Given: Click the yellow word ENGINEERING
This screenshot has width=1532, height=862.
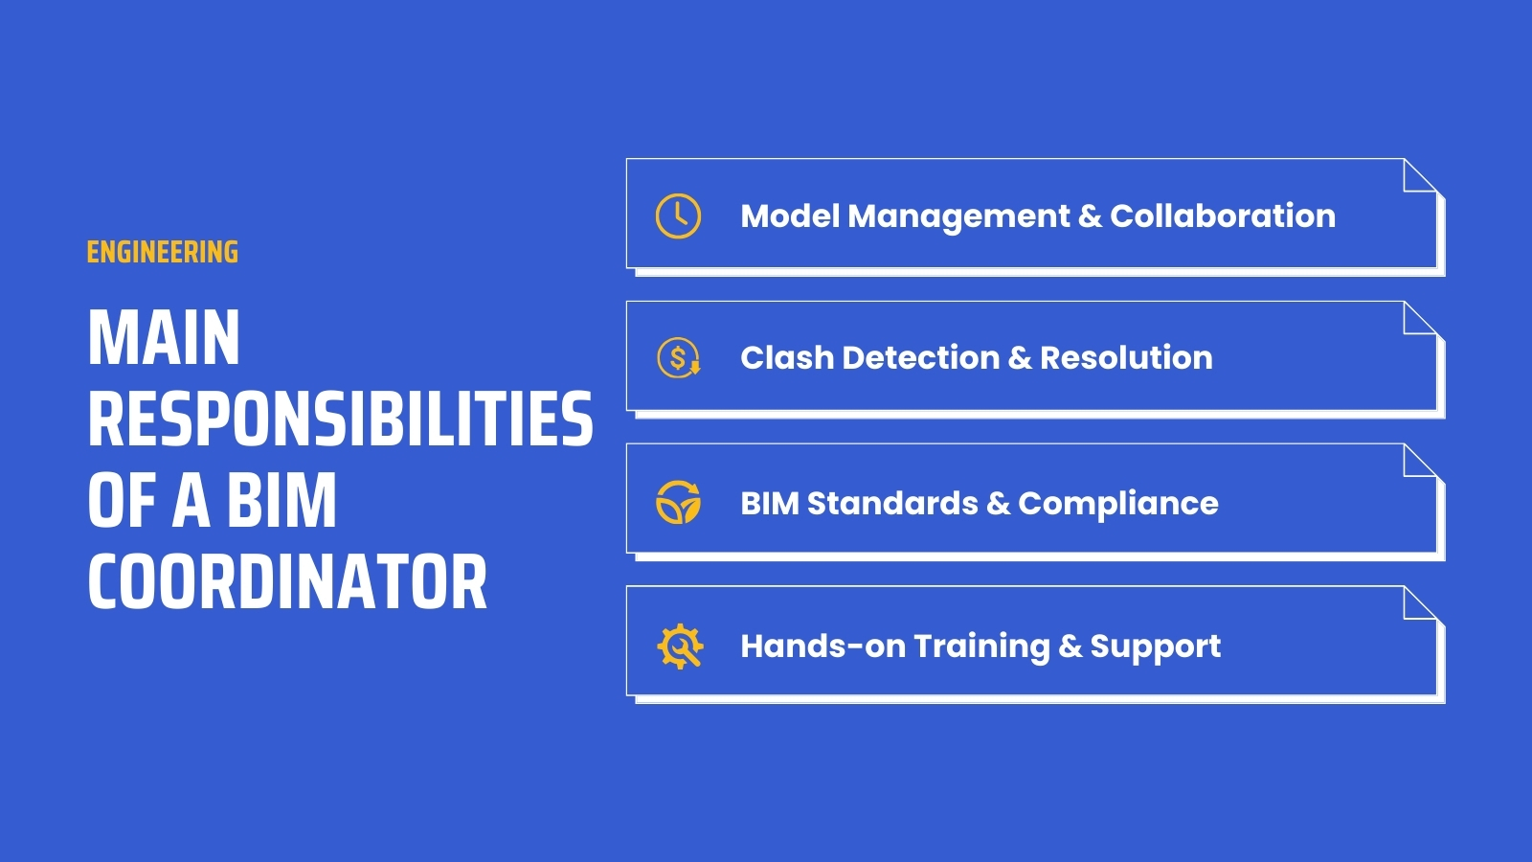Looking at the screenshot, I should tap(162, 252).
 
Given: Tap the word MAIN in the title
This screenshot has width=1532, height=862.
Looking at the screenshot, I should tap(164, 338).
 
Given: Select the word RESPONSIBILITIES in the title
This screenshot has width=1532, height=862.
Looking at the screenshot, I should tap(340, 420).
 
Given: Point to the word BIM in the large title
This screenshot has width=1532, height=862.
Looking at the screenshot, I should tap(282, 501).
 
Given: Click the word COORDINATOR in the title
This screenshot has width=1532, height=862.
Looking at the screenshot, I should tap(287, 582).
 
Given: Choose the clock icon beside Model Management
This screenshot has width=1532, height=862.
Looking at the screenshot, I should tap(678, 215).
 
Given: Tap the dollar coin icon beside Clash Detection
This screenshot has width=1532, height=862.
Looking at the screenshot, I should tap(679, 358).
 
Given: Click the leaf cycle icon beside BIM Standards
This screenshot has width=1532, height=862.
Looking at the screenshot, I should tap(678, 503).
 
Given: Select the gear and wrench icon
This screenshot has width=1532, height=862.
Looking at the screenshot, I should tap(680, 646).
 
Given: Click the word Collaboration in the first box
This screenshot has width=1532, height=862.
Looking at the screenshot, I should tap(1223, 215).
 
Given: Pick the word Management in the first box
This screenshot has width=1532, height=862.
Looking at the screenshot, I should tap(958, 215).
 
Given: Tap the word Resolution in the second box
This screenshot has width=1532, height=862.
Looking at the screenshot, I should tap(1126, 357).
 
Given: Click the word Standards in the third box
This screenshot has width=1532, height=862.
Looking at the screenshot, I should tap(892, 503).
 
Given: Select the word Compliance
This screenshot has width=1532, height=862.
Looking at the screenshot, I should tap(1118, 503).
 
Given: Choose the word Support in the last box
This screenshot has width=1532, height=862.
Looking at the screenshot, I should tap(1156, 646).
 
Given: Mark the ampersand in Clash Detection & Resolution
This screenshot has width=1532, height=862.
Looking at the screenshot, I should tap(1020, 357).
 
